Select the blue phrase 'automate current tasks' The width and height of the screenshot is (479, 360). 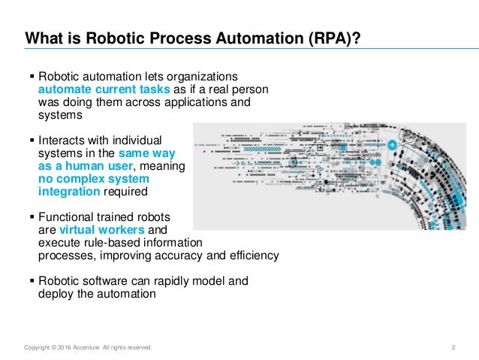92,90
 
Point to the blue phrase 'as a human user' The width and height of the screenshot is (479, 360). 85,167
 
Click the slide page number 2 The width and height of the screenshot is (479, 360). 453,346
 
